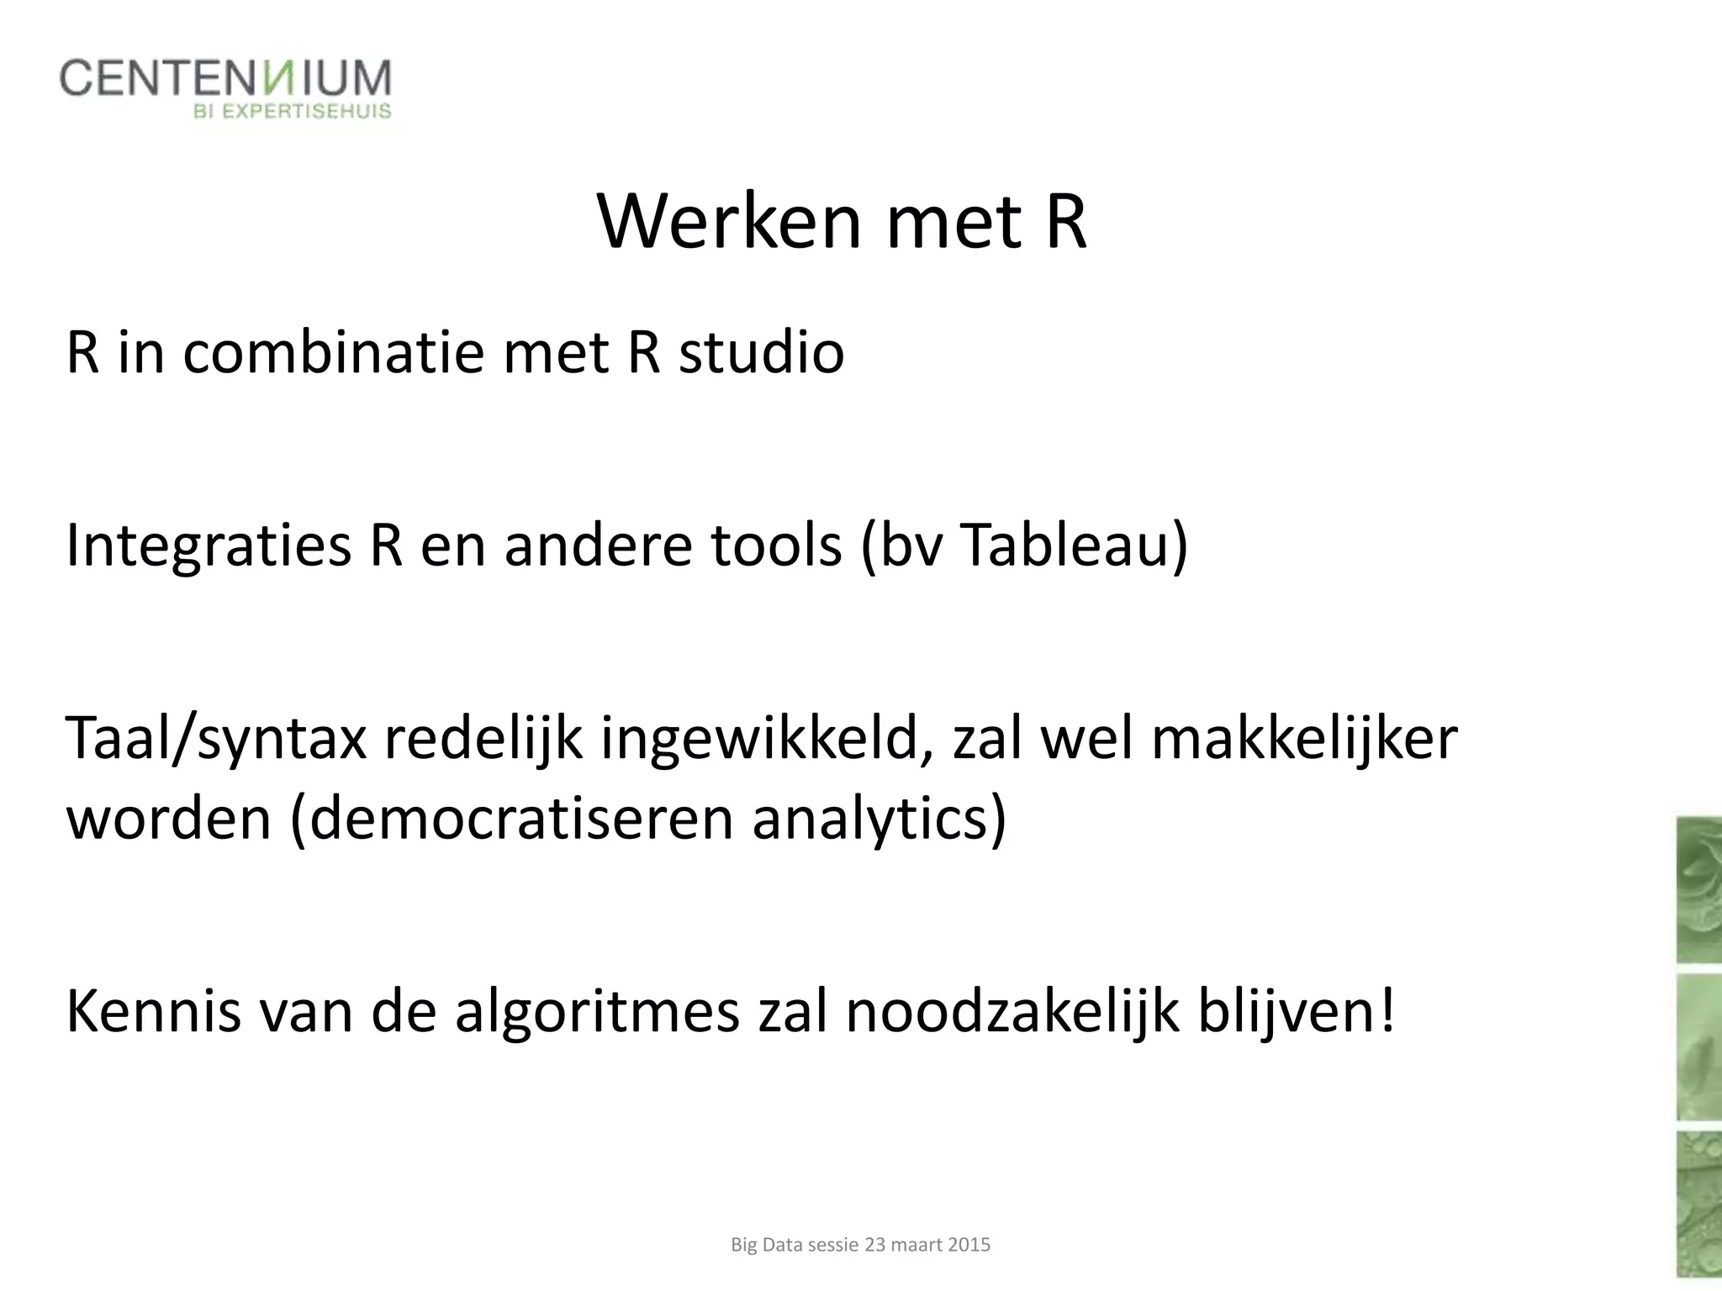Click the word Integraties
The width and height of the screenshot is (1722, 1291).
(208, 545)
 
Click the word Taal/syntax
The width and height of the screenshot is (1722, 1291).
(216, 740)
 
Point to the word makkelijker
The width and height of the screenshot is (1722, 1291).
(1304, 740)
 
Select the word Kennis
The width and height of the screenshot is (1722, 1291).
(152, 1012)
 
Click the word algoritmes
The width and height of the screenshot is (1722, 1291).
(597, 1012)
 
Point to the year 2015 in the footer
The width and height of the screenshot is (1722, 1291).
(969, 1245)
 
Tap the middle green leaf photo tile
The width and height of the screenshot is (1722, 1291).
(1698, 1046)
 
